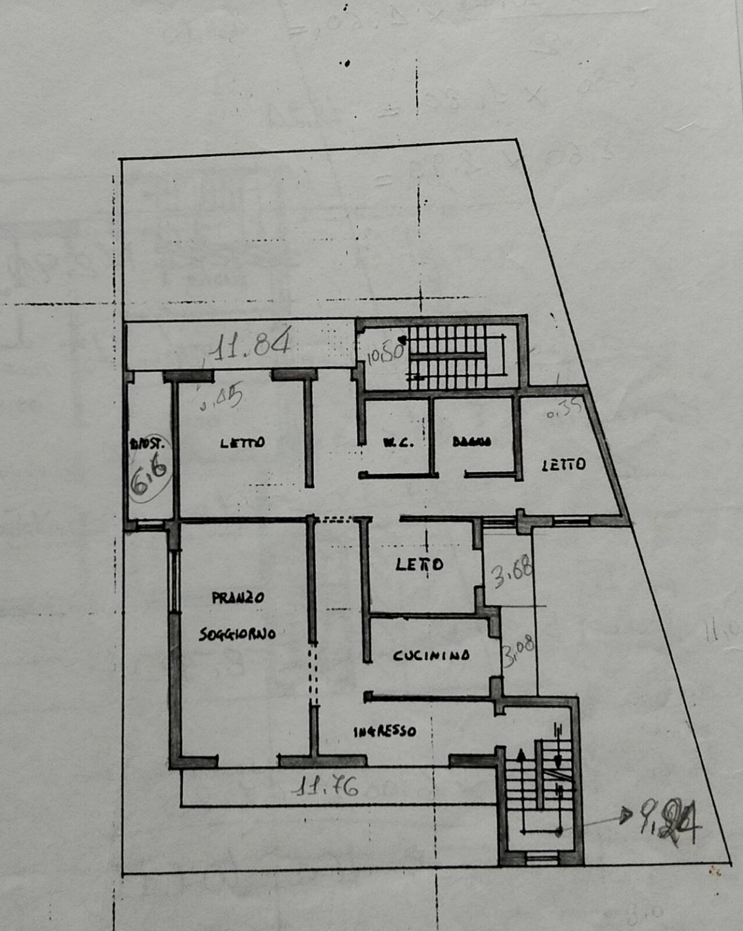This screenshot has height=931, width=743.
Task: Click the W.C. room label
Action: click(398, 443)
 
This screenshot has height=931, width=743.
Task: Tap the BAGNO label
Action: click(471, 442)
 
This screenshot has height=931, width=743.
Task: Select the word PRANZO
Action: click(238, 597)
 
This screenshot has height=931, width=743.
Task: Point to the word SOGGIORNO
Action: click(238, 634)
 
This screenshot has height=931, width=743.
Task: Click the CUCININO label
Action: click(431, 656)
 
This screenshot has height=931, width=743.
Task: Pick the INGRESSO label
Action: click(385, 731)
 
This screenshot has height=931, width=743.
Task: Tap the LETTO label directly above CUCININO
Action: click(419, 565)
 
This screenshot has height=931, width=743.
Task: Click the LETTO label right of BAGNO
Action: click(564, 465)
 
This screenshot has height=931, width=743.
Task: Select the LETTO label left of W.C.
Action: click(242, 443)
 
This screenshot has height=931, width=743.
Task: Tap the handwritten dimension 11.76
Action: click(326, 787)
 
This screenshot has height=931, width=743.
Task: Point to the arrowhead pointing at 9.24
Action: click(625, 818)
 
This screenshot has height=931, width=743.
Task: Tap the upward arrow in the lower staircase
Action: click(520, 756)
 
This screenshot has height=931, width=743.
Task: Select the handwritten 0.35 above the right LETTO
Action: click(564, 409)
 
